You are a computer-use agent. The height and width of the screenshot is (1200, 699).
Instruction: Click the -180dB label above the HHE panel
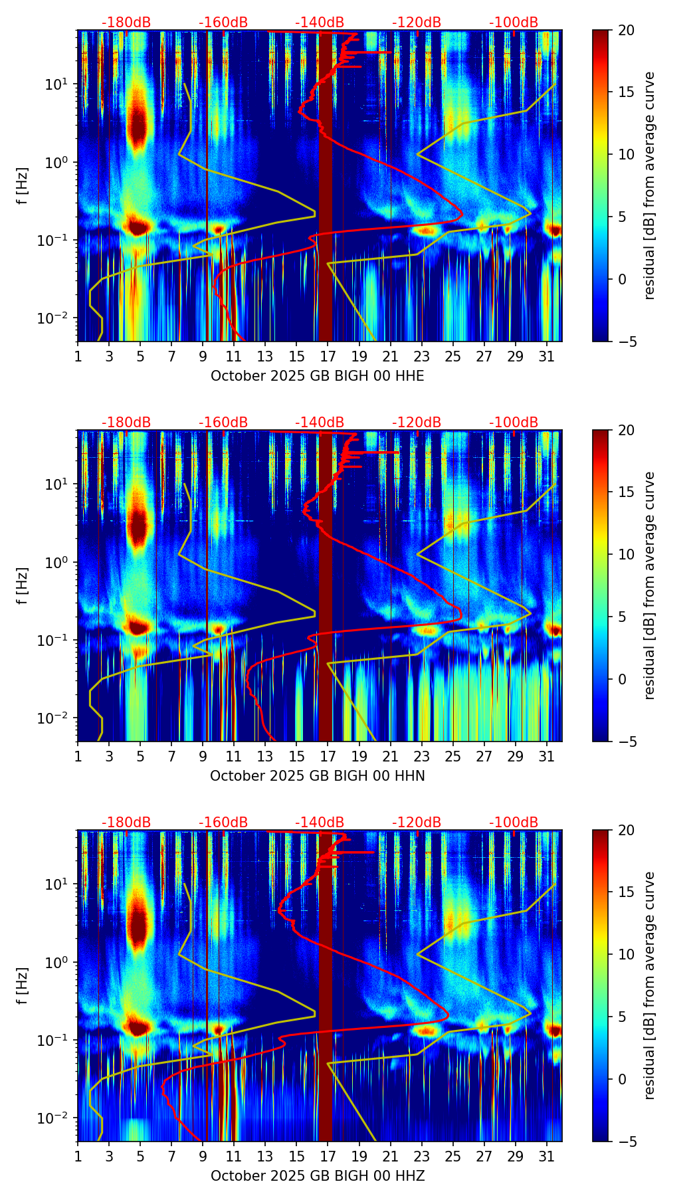(126, 23)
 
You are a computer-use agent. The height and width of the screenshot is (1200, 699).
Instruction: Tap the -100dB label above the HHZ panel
(514, 823)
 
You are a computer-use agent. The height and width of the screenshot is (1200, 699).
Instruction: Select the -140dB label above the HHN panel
(320, 423)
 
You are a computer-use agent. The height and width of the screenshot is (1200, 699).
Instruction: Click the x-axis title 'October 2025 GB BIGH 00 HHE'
(317, 376)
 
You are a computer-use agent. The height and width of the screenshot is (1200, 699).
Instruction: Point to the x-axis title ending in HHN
(317, 776)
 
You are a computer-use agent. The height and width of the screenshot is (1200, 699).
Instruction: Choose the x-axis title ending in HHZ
(317, 1176)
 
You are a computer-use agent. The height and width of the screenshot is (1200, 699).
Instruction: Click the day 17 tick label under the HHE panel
(328, 356)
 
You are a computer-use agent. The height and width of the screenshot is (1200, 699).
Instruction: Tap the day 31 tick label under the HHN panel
(547, 756)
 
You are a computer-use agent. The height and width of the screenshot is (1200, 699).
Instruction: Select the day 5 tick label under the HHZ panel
(140, 1156)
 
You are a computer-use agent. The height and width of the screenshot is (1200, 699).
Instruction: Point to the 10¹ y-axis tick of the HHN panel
(53, 484)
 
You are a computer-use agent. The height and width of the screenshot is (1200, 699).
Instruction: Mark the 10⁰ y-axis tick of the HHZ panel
(53, 962)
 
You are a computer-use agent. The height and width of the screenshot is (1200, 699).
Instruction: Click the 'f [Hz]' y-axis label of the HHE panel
(23, 185)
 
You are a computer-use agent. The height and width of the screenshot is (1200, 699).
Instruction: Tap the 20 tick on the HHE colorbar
(626, 30)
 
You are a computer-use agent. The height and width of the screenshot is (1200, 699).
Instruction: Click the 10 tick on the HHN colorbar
(626, 554)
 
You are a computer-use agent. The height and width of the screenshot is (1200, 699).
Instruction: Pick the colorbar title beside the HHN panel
(649, 585)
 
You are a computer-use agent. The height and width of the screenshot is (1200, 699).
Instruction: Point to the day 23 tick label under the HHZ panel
(422, 1156)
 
